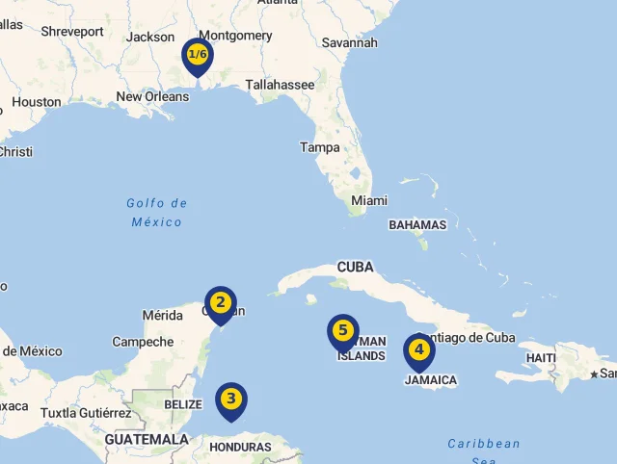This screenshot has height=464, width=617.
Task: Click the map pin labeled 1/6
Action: click(198, 55)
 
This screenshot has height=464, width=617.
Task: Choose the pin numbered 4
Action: click(418, 350)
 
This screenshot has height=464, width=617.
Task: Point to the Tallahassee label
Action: click(280, 85)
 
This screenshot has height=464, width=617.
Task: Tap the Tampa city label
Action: click(320, 147)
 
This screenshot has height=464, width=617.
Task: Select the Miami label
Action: click(369, 200)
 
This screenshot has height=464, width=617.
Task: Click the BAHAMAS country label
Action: click(417, 225)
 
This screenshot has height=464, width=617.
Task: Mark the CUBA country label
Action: click(355, 268)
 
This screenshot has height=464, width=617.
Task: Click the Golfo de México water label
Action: click(156, 213)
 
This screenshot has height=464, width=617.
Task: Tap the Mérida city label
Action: click(162, 315)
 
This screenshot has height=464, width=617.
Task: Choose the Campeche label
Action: click(143, 342)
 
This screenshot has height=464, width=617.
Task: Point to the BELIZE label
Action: click(183, 405)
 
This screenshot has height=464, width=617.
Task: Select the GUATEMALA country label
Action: click(147, 439)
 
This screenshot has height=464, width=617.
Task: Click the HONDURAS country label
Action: click(240, 447)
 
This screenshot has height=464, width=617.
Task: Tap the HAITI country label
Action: click(541, 358)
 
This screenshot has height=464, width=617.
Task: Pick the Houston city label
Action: click(37, 102)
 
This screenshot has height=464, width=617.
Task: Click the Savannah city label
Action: click(350, 42)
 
